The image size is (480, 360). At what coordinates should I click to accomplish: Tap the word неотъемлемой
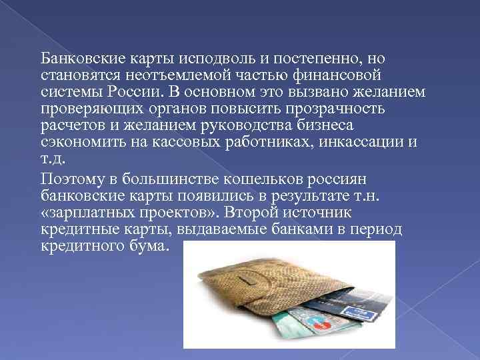coord(173,75)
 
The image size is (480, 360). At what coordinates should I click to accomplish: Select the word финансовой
coord(349,75)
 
